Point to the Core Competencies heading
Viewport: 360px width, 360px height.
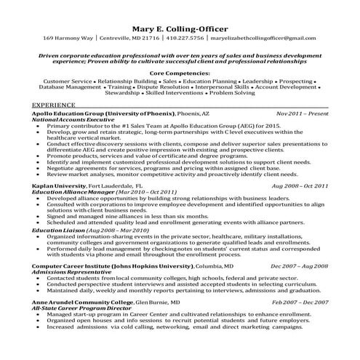click(180, 73)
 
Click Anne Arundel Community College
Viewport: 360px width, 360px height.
click(79, 301)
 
